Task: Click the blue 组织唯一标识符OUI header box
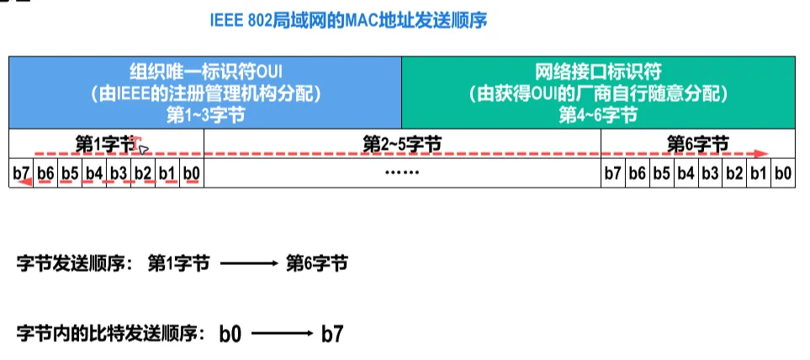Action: pyautogui.click(x=205, y=93)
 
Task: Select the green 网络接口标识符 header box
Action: pyautogui.click(x=598, y=93)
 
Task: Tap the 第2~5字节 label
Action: pyautogui.click(x=402, y=144)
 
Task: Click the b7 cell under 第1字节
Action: pyautogui.click(x=22, y=174)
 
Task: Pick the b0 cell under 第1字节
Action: pyautogui.click(x=192, y=174)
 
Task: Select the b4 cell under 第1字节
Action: pyautogui.click(x=95, y=174)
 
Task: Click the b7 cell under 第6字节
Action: pyautogui.click(x=613, y=174)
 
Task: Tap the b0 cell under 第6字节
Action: pyautogui.click(x=783, y=174)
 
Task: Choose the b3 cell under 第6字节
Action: pyautogui.click(x=710, y=174)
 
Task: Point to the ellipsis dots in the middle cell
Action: pyautogui.click(x=402, y=174)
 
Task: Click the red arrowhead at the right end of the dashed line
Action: pyautogui.click(x=761, y=155)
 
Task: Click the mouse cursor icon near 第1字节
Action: pyautogui.click(x=144, y=149)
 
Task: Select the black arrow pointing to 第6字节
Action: pyautogui.click(x=248, y=263)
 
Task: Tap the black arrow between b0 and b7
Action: pyautogui.click(x=281, y=333)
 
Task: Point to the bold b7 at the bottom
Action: pyautogui.click(x=331, y=333)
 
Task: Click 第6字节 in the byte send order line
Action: pyautogui.click(x=317, y=263)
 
